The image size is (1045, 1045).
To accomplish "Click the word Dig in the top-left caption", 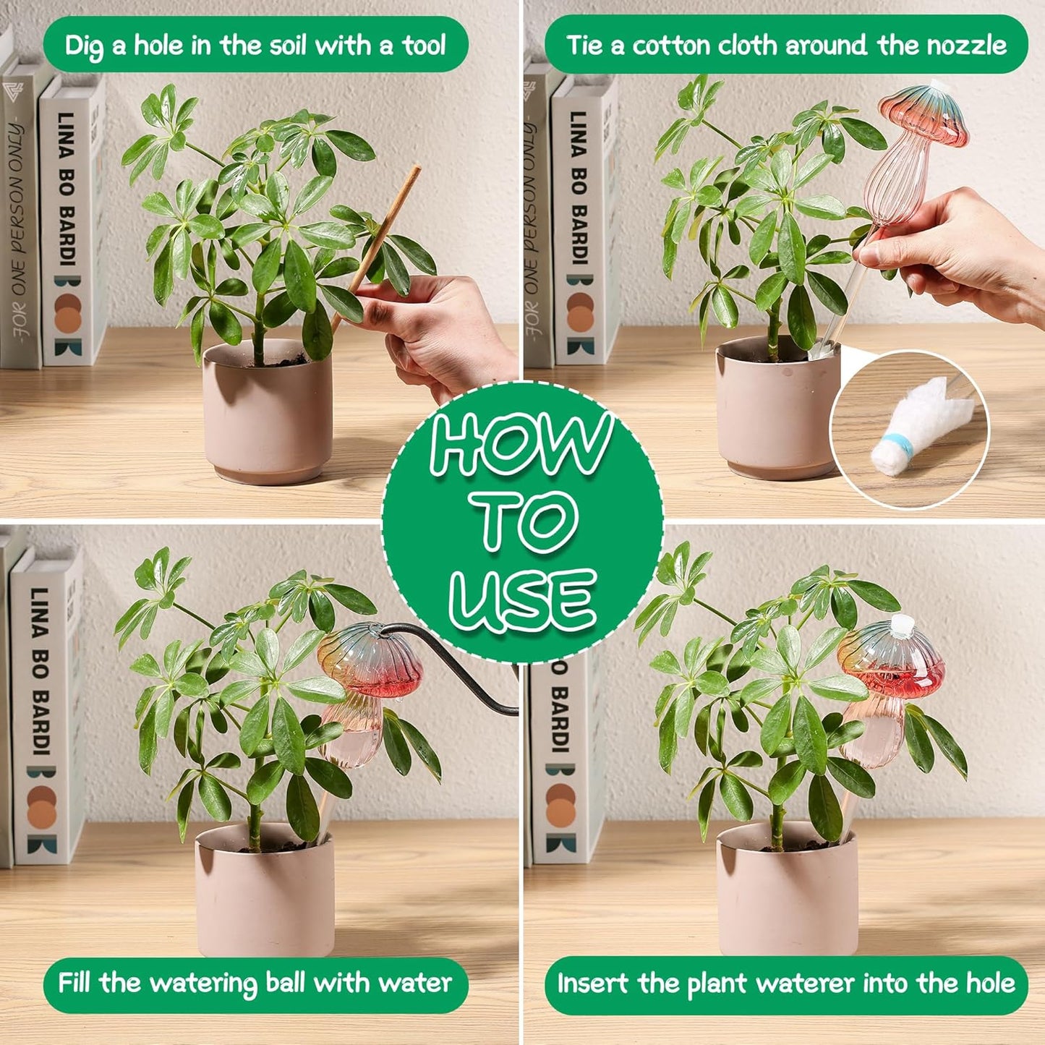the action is point(84,46).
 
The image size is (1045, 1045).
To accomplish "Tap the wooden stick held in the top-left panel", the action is point(375,249).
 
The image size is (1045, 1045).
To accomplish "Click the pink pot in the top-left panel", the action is point(268,412).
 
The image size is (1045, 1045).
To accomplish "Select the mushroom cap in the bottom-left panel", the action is point(370,660).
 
